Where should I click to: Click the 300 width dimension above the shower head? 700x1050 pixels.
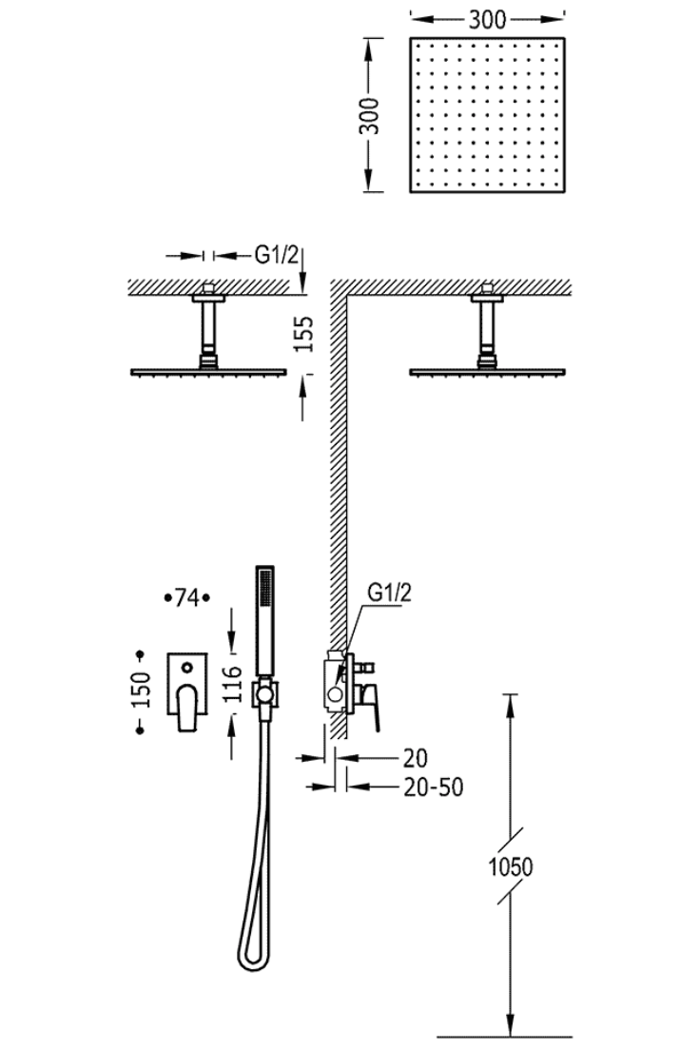487,20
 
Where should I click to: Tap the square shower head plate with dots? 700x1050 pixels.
488,114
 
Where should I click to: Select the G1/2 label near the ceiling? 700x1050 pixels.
275,255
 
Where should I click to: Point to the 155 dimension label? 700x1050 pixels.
303,334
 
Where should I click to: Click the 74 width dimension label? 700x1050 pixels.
187,596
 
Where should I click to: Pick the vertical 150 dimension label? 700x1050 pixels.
142,690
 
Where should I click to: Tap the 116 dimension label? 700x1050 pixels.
232,683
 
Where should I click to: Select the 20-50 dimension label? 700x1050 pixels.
434,787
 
